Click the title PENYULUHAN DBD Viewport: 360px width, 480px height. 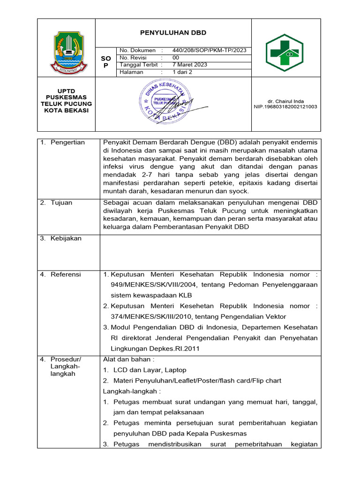pyautogui.click(x=173, y=33)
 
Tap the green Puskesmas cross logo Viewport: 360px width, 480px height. pyautogui.click(x=285, y=52)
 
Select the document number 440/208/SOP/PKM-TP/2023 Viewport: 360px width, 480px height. pyautogui.click(x=209, y=50)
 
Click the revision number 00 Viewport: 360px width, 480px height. pyautogui.click(x=176, y=58)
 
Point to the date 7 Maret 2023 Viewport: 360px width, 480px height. pyautogui.click(x=190, y=65)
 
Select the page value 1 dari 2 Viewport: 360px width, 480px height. pyautogui.click(x=182, y=72)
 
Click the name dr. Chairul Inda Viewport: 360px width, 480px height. pyautogui.click(x=285, y=100)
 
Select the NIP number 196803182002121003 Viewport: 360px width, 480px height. pyautogui.click(x=285, y=107)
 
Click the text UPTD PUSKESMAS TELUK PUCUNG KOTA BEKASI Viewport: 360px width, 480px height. pyautogui.click(x=66, y=100)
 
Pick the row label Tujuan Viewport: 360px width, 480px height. pyautogui.click(x=63, y=202)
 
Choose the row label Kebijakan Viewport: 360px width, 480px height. pyautogui.click(x=66, y=239)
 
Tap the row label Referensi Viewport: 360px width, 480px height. pyautogui.click(x=66, y=274)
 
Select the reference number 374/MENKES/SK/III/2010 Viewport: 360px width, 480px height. pyautogui.click(x=147, y=316)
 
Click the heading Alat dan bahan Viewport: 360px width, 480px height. pyautogui.click(x=128, y=360)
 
